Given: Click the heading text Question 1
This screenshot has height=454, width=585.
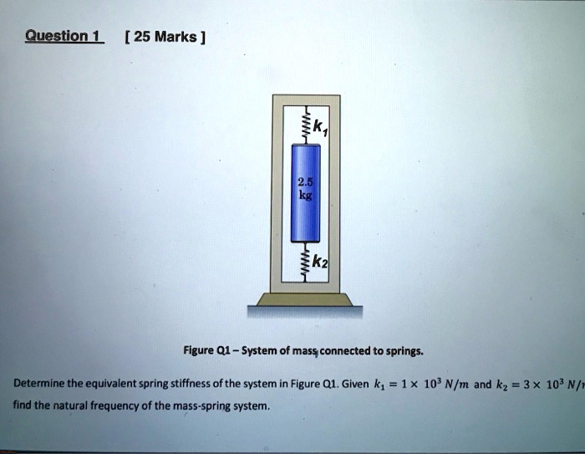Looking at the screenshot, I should pos(64,36).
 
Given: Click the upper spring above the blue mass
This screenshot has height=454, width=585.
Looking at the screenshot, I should pos(306,125).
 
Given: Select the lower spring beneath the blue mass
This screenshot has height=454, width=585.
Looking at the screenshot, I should pos(306,261).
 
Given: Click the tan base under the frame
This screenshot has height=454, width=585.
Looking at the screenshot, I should pos(305,299).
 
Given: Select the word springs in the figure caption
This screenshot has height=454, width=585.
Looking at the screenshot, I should pos(405,351).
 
